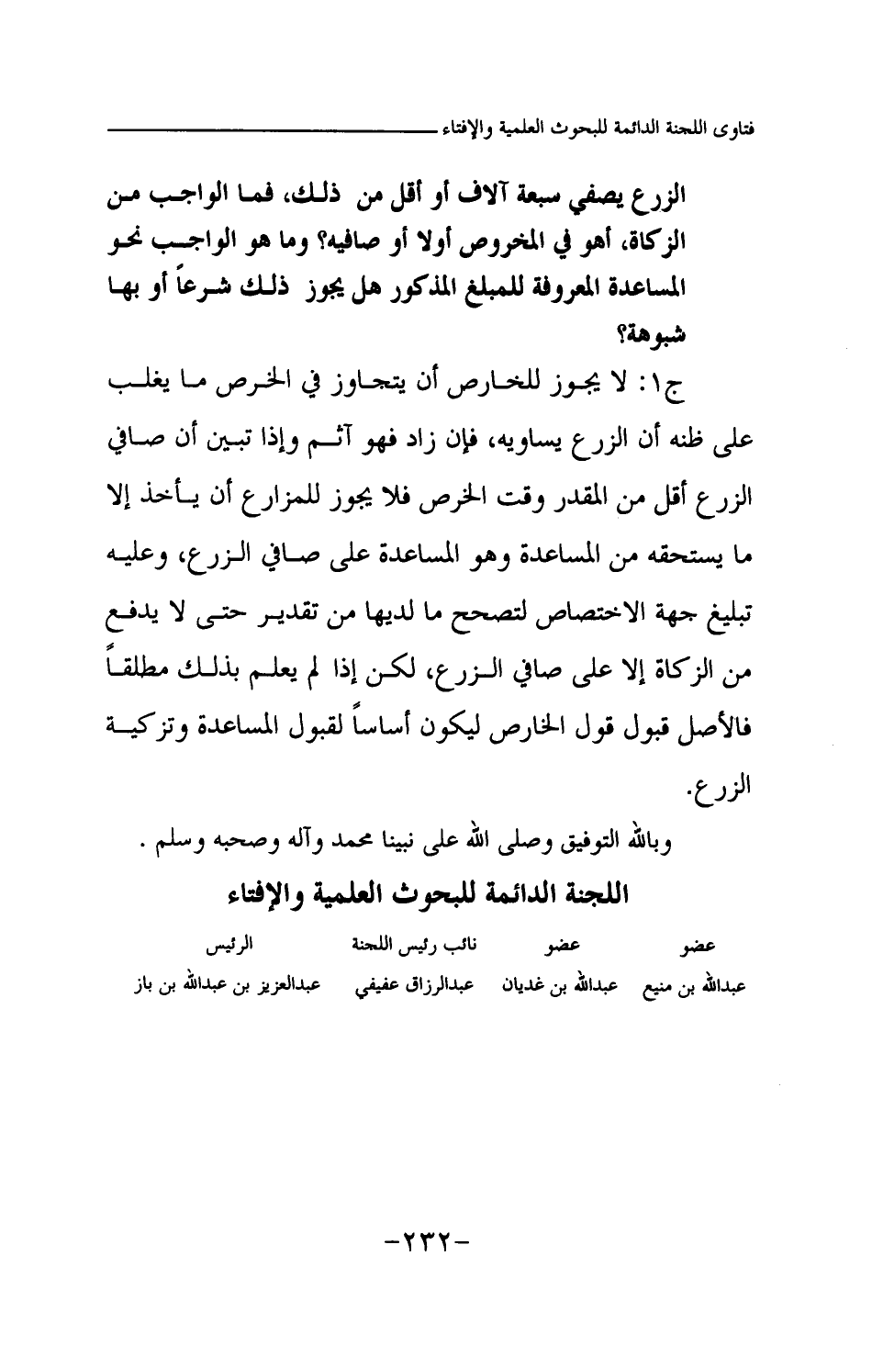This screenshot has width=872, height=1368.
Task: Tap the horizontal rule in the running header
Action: (267, 130)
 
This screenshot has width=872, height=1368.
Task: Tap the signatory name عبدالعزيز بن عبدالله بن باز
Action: (225, 987)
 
